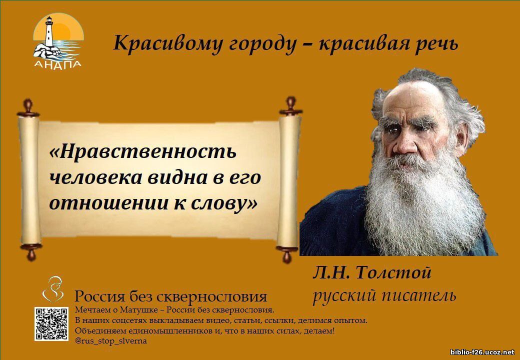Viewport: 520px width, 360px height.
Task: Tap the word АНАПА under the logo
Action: [x=57, y=64]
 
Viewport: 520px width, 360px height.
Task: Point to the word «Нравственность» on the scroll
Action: [x=143, y=152]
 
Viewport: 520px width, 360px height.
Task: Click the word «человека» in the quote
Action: [x=95, y=177]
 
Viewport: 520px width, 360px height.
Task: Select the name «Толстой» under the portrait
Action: [x=393, y=273]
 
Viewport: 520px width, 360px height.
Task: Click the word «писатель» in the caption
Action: [x=419, y=295]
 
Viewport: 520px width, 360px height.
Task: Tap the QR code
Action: [x=51, y=324]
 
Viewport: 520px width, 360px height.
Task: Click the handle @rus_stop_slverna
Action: [x=111, y=341]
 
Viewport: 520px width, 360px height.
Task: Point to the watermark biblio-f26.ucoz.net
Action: [x=483, y=352]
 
